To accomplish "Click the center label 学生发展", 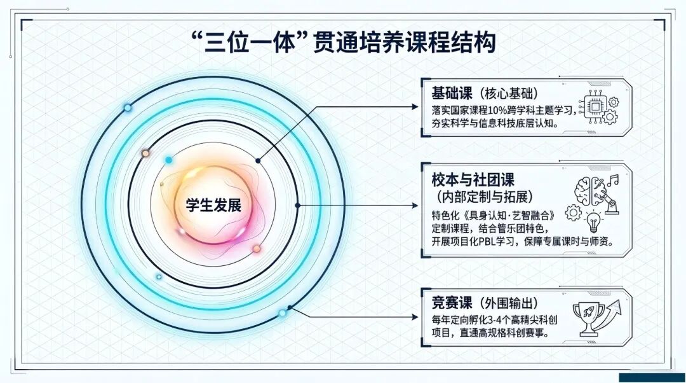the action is click(213, 205).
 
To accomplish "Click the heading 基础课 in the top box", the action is click(452, 94).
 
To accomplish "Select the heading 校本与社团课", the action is click(473, 179).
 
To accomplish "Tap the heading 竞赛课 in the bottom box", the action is click(452, 303).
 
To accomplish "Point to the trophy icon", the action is click(588, 319).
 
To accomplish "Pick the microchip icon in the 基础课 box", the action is click(595, 107).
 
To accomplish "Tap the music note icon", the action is click(614, 179).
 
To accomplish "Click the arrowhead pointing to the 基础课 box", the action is click(414, 106).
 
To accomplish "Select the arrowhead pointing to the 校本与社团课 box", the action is click(414, 205).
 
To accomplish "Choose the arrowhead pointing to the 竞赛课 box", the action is click(414, 317).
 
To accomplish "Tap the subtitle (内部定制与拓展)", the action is click(482, 197).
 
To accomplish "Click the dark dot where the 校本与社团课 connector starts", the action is click(297, 205).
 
